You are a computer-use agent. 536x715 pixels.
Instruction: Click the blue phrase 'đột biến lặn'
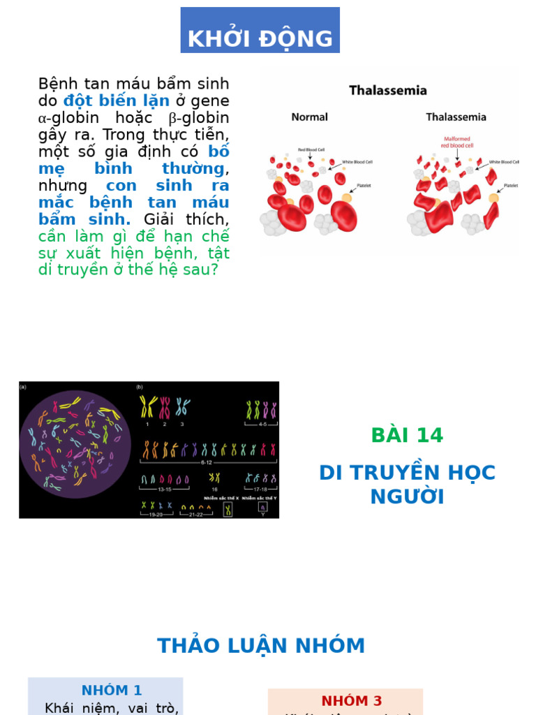pos(117,101)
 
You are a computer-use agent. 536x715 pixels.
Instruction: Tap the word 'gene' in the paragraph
pos(210,101)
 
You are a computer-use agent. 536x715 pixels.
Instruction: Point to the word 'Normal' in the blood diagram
pos(309,117)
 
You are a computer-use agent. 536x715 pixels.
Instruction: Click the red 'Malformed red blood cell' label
pos(457,142)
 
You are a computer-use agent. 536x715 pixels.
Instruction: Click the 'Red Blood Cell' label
pos(311,149)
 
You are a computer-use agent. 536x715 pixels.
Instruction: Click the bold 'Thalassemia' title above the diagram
pos(388,90)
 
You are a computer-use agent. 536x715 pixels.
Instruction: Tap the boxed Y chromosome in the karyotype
pos(262,510)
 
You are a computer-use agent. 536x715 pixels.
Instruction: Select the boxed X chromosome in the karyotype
pos(228,510)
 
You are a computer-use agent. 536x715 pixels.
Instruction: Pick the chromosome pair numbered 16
pos(214,478)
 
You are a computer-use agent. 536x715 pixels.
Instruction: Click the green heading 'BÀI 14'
pos(407,435)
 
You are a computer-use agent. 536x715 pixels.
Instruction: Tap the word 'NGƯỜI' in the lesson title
pos(407,497)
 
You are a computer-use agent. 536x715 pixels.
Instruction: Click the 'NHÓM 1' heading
pos(112,691)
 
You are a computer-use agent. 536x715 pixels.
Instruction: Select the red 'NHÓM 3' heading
pos(352,700)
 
